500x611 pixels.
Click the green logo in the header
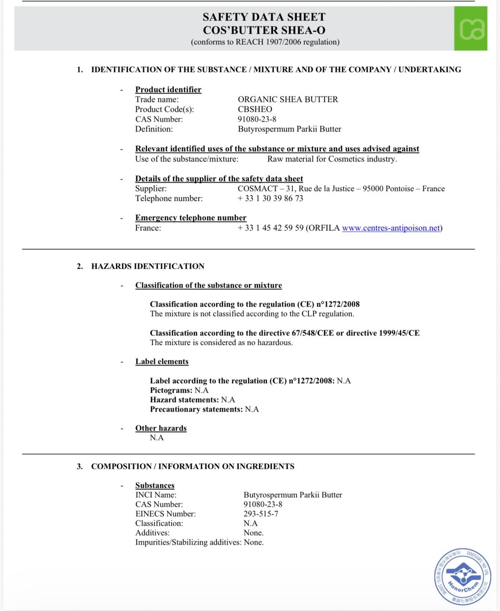(x=471, y=29)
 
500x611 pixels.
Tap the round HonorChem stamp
(x=462, y=577)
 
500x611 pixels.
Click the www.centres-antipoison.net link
(x=391, y=228)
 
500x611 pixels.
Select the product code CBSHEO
(x=255, y=109)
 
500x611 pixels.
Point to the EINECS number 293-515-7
(x=261, y=514)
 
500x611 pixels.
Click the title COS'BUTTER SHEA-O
(x=264, y=30)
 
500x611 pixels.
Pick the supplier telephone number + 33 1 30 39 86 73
(x=270, y=198)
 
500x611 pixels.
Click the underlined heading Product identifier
(x=168, y=89)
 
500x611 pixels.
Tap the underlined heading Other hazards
(x=161, y=428)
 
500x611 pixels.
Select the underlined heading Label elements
(x=162, y=362)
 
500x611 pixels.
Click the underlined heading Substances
(x=155, y=485)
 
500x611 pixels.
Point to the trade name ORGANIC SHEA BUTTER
(x=288, y=99)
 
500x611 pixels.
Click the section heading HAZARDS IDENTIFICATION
(x=148, y=266)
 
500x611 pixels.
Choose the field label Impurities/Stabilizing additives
(x=188, y=542)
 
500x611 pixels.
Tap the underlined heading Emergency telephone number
(x=190, y=218)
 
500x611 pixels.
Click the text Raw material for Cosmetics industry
(x=332, y=159)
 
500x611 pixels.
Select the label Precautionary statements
(x=196, y=409)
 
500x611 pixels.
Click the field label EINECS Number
(x=165, y=514)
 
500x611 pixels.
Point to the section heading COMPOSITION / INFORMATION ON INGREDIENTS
(x=193, y=466)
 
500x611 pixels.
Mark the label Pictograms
(x=171, y=390)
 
